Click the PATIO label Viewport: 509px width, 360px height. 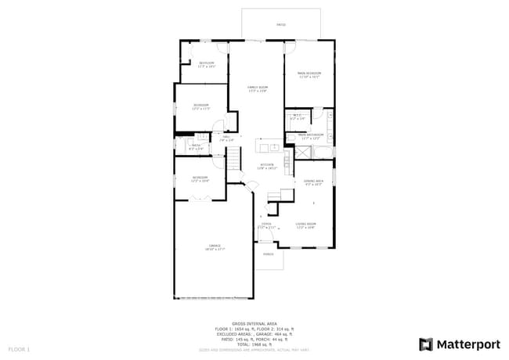(281, 25)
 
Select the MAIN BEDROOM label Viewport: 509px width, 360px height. (309, 74)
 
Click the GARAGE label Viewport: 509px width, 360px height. (215, 246)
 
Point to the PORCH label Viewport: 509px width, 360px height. (268, 254)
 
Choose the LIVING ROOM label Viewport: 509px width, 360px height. (305, 225)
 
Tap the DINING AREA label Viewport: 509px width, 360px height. (312, 182)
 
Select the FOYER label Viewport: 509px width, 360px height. (266, 224)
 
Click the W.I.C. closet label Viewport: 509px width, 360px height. (298, 117)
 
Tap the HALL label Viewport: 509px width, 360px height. (226, 139)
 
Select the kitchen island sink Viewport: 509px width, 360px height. (266, 146)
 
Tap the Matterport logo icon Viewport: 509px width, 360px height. (426, 344)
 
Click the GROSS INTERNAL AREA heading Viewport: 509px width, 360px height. (254, 322)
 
